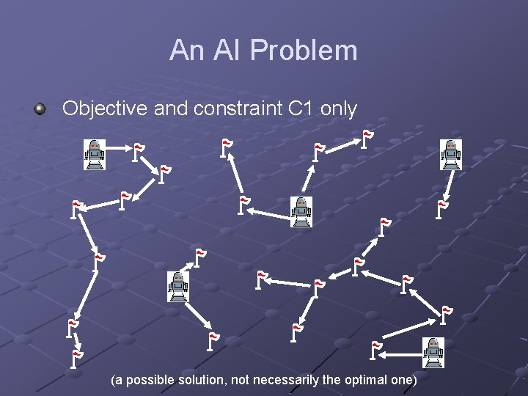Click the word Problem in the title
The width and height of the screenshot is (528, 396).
pos(304,51)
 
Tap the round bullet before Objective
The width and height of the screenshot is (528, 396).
pos(40,109)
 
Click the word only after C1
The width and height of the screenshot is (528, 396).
pos(339,109)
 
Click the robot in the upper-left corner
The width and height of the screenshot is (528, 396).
pos(94,154)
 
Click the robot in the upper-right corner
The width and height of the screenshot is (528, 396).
pos(451,154)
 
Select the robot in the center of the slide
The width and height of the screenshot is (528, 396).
pos(301,211)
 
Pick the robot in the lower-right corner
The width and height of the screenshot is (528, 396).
pos(433,352)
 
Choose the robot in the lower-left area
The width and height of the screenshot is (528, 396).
pos(177,286)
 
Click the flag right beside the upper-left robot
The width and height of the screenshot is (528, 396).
pos(136,151)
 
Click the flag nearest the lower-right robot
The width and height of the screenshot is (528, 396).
pos(375,350)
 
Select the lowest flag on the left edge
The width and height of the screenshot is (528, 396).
pos(76,358)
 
